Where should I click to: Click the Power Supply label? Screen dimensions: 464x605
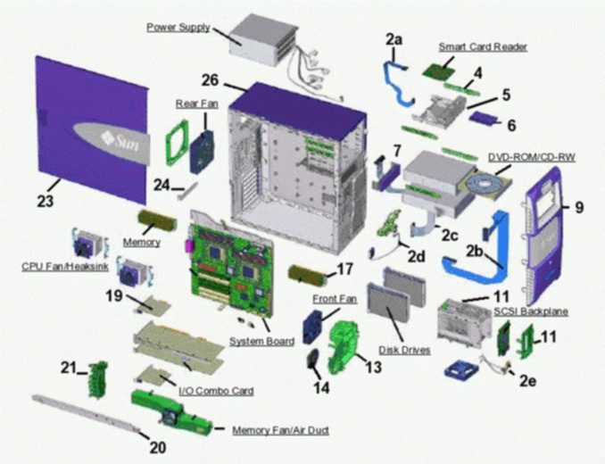pos(178,28)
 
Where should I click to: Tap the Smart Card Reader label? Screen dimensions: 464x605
pos(482,46)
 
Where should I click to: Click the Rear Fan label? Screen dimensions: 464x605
pos(196,104)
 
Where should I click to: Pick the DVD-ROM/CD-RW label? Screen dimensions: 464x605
pos(531,157)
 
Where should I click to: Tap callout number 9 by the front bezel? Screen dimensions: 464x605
pos(578,207)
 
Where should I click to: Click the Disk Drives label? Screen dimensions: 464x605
pos(405,350)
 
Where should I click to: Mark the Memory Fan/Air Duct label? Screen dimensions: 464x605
pos(280,430)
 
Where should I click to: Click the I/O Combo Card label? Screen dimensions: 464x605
pos(215,391)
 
